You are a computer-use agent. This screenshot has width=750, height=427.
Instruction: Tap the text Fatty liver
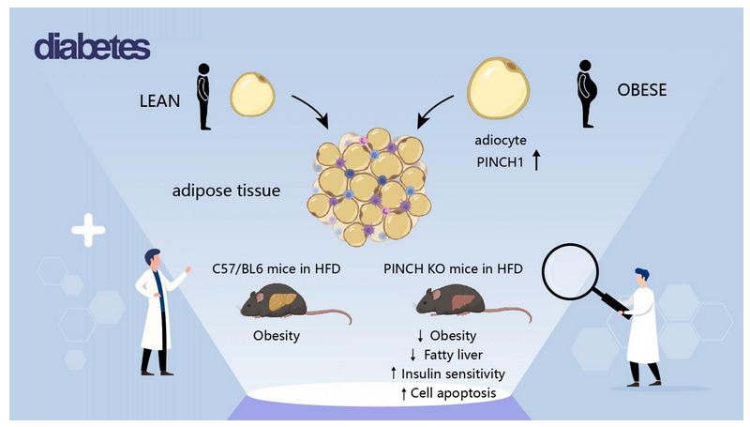pyautogui.click(x=452, y=355)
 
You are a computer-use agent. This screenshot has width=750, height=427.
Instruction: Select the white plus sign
pyautogui.click(x=88, y=230)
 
